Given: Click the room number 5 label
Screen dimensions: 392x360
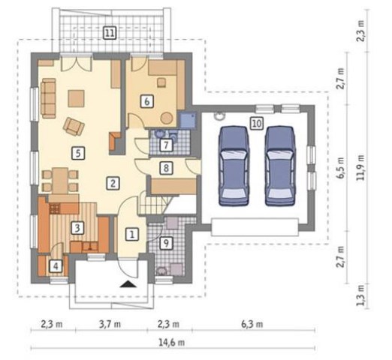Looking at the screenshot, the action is pyautogui.click(x=78, y=153).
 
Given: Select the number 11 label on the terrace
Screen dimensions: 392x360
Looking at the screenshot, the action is pyautogui.click(x=110, y=33).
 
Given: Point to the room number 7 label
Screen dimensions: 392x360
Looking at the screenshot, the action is pyautogui.click(x=166, y=145).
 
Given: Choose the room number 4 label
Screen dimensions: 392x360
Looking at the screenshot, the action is pyautogui.click(x=56, y=266).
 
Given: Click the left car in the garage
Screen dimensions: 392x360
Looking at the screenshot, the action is pyautogui.click(x=234, y=166).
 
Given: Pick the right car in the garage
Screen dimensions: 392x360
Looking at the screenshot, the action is pyautogui.click(x=279, y=166).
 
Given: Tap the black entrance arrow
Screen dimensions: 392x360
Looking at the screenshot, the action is pyautogui.click(x=128, y=284).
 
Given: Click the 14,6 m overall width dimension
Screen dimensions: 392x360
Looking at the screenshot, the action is pyautogui.click(x=172, y=342).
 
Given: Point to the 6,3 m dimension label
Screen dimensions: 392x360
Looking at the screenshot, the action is pyautogui.click(x=252, y=324).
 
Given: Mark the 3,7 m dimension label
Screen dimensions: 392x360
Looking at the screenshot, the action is pyautogui.click(x=110, y=324).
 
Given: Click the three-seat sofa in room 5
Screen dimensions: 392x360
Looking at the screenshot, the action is pyautogui.click(x=48, y=98).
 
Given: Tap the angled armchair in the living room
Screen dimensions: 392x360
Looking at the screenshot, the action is pyautogui.click(x=74, y=127).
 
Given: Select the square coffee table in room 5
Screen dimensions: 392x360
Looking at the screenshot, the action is pyautogui.click(x=76, y=98).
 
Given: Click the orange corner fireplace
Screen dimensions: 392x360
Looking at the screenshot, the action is pyautogui.click(x=115, y=142).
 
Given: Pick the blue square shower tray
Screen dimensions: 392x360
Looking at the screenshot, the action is pyautogui.click(x=188, y=120).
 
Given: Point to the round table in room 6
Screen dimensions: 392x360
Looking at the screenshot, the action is pyautogui.click(x=167, y=118).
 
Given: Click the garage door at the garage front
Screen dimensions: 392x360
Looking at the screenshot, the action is pyautogui.click(x=255, y=227).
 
